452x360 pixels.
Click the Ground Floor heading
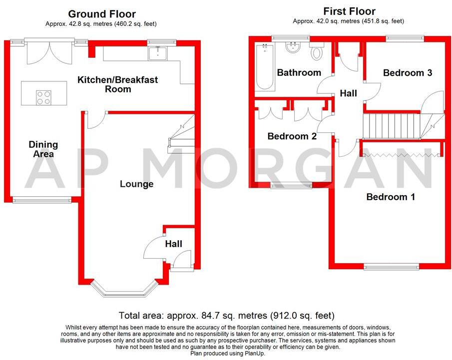click(101, 14)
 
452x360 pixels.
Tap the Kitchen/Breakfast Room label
click(118, 84)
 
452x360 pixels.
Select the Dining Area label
click(43, 149)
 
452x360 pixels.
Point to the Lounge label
click(136, 184)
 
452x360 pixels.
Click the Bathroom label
click(299, 73)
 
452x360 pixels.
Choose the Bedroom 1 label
click(391, 197)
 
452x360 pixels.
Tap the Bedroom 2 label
click(292, 136)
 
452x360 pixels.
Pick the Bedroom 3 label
click(407, 73)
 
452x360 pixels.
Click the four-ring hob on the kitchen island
click(43, 97)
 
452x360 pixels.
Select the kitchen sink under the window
click(158, 52)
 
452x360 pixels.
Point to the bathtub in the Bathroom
click(265, 67)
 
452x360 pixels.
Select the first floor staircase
click(395, 126)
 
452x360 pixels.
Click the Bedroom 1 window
click(392, 267)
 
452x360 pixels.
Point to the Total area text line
click(226, 316)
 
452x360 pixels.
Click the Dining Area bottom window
click(42, 201)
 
